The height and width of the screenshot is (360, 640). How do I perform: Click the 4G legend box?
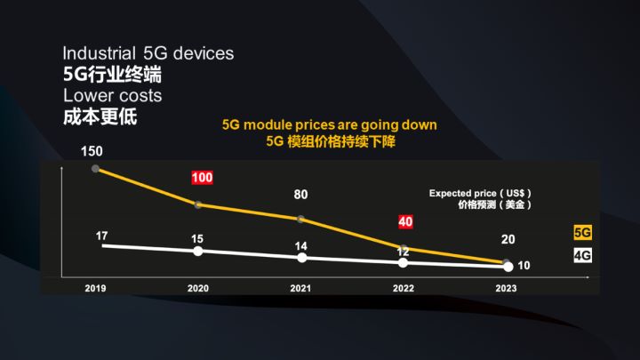tap(582, 256)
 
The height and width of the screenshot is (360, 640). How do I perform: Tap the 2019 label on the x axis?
tap(96, 288)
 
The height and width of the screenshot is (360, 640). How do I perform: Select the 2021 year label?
tap(301, 288)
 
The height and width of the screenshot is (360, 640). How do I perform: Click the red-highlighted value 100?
tap(202, 178)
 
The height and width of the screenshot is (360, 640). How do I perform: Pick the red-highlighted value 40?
tap(404, 221)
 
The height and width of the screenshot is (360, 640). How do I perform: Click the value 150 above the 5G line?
tap(91, 151)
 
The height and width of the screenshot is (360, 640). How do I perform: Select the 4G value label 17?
tap(101, 236)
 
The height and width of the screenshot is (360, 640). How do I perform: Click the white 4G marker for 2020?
tap(198, 251)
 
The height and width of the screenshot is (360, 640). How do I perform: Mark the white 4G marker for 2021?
tap(301, 258)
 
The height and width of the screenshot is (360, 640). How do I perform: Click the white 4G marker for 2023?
tap(506, 266)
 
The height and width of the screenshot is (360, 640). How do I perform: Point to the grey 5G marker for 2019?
tap(96, 167)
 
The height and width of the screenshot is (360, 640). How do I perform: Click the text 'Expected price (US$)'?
tap(480, 193)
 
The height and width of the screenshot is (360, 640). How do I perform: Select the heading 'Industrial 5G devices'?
tap(148, 53)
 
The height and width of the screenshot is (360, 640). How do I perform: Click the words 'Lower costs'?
tap(112, 95)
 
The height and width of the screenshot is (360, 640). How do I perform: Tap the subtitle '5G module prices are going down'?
tap(329, 125)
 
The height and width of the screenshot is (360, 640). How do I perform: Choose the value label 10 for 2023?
tap(524, 266)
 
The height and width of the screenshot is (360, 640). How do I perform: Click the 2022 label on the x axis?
tap(404, 288)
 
